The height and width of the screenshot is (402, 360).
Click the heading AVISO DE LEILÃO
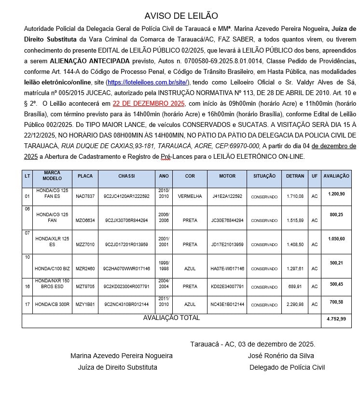[181, 16]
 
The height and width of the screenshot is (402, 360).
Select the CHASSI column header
[126, 176]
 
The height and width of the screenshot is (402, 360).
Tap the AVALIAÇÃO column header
[336, 176]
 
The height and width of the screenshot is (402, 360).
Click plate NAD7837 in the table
[85, 196]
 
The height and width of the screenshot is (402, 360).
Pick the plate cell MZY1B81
[85, 305]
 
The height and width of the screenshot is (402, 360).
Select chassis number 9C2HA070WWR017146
[127, 268]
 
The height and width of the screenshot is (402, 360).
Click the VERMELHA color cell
[190, 196]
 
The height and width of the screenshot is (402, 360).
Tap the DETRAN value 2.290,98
[294, 305]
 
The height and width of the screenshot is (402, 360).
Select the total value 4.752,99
[336, 319]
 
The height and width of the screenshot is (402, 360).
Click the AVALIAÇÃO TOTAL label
[171, 318]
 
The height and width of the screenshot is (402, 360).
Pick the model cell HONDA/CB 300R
[52, 305]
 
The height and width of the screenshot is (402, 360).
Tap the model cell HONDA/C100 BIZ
[52, 268]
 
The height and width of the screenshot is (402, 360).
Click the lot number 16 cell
[27, 286]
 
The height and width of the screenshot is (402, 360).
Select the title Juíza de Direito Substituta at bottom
[117, 367]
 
